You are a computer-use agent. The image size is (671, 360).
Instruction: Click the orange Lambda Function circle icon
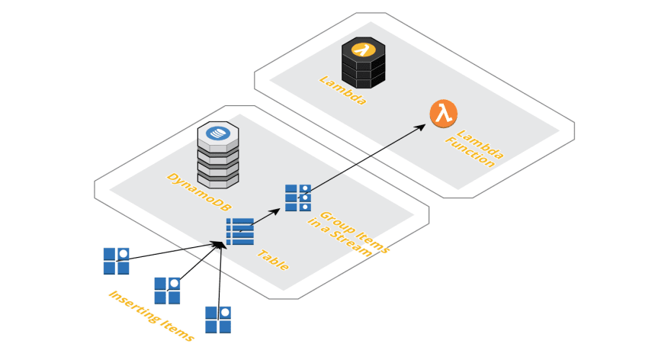[x=444, y=114]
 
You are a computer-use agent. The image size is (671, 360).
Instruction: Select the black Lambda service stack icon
[x=363, y=63]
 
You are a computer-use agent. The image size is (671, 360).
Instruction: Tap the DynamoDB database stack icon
[x=218, y=155]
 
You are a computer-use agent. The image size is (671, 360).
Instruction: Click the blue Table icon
[x=239, y=232]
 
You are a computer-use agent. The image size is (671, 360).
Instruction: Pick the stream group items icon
[x=298, y=198]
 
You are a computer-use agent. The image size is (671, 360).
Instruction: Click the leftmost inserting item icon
[x=117, y=261]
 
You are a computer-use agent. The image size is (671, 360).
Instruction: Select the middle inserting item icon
[x=167, y=291]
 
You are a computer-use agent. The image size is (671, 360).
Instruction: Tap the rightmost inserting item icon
[x=218, y=320]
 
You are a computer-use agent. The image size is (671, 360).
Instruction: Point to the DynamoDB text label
[x=199, y=192]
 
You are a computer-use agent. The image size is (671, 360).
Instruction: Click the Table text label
[x=273, y=260]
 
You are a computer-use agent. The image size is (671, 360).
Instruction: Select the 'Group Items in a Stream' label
[x=348, y=233]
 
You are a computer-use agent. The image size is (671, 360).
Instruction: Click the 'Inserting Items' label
[x=152, y=316]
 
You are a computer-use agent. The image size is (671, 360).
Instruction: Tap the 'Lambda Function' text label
[x=474, y=148]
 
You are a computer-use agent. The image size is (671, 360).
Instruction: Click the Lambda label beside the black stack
[x=343, y=90]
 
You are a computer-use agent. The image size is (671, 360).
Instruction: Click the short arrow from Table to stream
[x=260, y=220]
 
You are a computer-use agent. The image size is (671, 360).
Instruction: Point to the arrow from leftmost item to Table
[x=171, y=251]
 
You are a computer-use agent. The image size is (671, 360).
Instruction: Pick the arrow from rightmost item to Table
[x=220, y=281]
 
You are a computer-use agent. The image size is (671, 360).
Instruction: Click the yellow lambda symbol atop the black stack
[x=363, y=50]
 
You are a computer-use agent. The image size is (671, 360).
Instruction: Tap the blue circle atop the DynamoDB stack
[x=218, y=133]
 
